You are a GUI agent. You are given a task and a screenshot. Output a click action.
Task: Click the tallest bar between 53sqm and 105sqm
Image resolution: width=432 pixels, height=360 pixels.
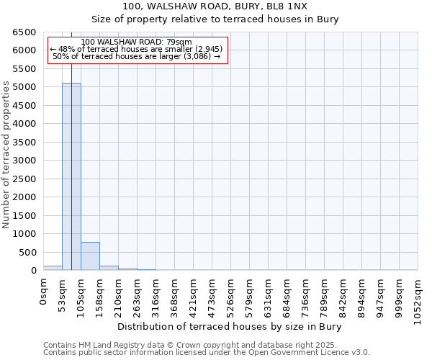pyautogui.click(x=71, y=176)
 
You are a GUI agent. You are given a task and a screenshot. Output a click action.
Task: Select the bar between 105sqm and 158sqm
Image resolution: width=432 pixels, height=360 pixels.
pyautogui.click(x=90, y=256)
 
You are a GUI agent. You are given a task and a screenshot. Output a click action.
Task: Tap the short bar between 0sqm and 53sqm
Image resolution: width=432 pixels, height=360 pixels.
pyautogui.click(x=53, y=268)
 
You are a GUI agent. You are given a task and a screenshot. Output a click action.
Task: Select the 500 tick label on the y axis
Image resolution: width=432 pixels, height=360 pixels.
pyautogui.click(x=30, y=253)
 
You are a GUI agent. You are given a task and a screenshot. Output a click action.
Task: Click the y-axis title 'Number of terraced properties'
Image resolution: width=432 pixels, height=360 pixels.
pyautogui.click(x=6, y=154)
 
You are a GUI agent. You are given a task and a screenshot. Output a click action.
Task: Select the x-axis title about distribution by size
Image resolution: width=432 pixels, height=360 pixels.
pyautogui.click(x=229, y=326)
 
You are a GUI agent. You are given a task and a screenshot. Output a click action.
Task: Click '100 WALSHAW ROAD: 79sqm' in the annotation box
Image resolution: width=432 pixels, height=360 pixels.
pyautogui.click(x=137, y=42)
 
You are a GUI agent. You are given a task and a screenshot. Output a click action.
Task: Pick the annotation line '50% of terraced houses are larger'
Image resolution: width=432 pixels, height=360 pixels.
pyautogui.click(x=137, y=56)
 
